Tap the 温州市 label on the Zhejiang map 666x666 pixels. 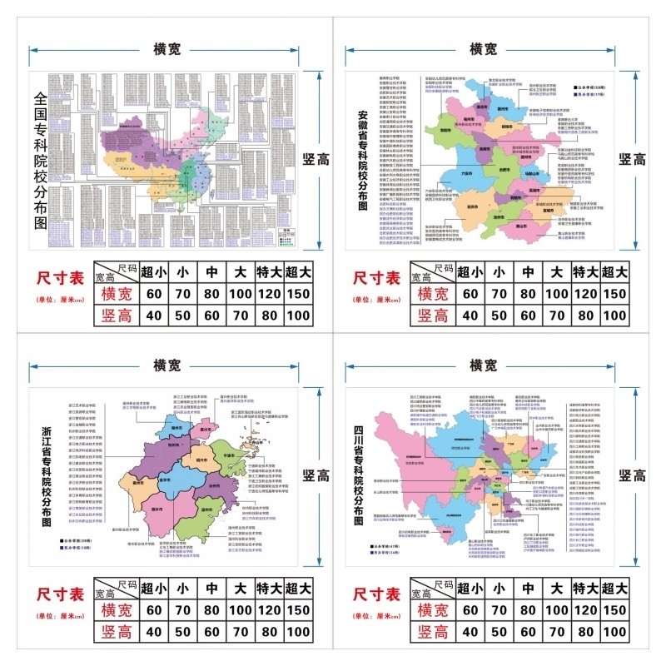click(x=207, y=510)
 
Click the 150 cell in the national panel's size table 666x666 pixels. click(x=297, y=293)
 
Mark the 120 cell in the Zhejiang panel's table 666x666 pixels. click(x=269, y=610)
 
